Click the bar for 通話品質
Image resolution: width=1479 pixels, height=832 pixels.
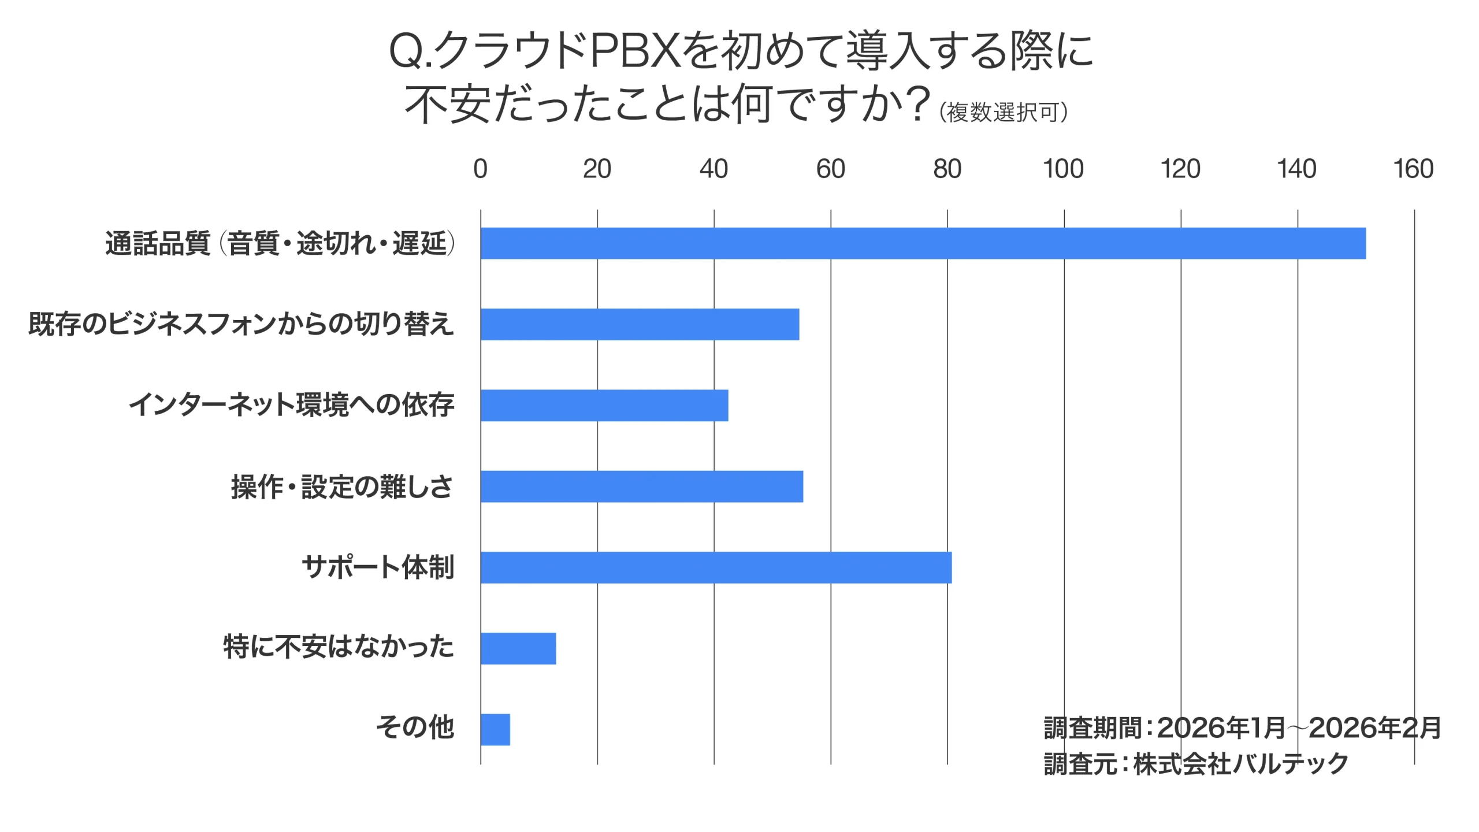(923, 243)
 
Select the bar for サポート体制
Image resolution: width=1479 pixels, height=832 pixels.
(716, 567)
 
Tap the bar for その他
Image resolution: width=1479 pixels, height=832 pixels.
(495, 730)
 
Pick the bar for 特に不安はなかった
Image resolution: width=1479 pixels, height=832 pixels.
(518, 648)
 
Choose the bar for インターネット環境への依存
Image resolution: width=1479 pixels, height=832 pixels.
(604, 405)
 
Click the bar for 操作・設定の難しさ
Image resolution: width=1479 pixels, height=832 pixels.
(641, 486)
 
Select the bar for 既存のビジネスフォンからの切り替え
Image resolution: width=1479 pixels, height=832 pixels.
(640, 324)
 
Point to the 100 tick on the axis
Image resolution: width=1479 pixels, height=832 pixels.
(1063, 169)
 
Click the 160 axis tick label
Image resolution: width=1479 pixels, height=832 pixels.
(1413, 169)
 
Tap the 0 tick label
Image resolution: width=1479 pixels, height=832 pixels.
(480, 169)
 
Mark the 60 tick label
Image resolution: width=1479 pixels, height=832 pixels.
(830, 169)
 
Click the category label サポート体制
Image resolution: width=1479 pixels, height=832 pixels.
(378, 567)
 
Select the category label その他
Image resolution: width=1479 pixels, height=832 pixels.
(415, 727)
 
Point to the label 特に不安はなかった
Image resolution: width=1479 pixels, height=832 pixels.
(339, 647)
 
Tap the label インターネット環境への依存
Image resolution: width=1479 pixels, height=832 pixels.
(291, 405)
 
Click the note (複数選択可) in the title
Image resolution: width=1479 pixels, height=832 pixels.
(1004, 112)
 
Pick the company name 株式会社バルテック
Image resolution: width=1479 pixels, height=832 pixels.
(1240, 764)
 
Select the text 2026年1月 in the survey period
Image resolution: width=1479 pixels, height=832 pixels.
(1221, 728)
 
